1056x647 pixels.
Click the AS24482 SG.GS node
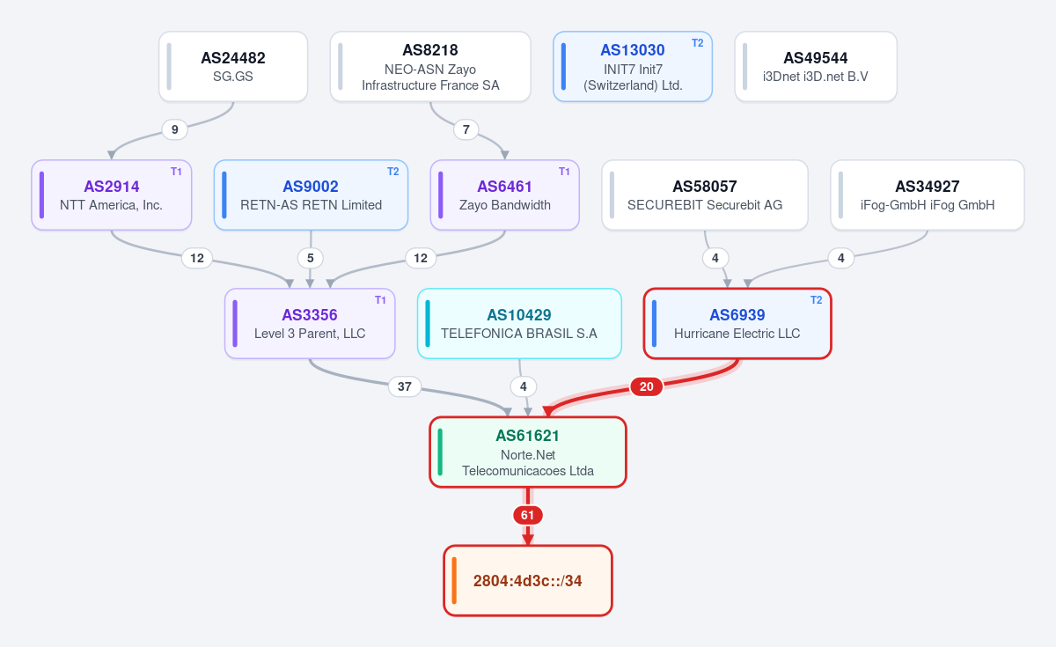tap(233, 67)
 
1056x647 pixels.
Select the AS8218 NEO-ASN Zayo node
tap(430, 67)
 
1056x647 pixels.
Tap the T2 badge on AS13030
tap(697, 43)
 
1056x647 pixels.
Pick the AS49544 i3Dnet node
tap(816, 67)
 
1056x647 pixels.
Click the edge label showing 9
tap(174, 129)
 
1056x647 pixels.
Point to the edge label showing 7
tap(466, 129)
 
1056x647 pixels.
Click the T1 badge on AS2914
tap(176, 172)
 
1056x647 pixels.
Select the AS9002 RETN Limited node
tap(311, 195)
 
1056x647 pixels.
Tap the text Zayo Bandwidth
tap(505, 205)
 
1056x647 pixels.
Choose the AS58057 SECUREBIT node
tap(705, 195)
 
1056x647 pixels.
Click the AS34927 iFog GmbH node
tap(928, 195)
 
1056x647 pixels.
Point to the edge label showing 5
tap(310, 258)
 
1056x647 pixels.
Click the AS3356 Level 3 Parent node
tap(310, 324)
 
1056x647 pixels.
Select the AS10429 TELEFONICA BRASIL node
tap(519, 324)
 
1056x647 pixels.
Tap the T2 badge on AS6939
tap(816, 300)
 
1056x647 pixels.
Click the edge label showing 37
tap(405, 386)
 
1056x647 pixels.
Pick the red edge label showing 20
tap(646, 386)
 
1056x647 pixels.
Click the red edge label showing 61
tap(527, 515)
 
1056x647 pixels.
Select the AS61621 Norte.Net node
tap(527, 452)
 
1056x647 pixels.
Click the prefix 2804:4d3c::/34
tap(527, 580)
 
